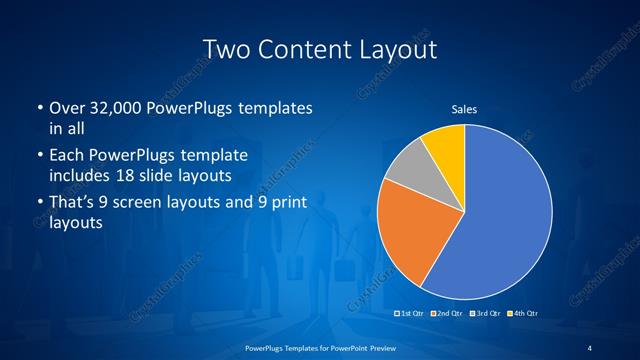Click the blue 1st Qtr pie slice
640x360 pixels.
(500, 220)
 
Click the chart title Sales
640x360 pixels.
(464, 108)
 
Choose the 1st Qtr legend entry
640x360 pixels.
(413, 314)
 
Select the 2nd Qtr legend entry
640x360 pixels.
(449, 314)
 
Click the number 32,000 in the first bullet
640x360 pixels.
(113, 107)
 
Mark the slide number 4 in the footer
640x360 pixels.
(590, 346)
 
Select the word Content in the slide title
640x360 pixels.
(308, 49)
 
